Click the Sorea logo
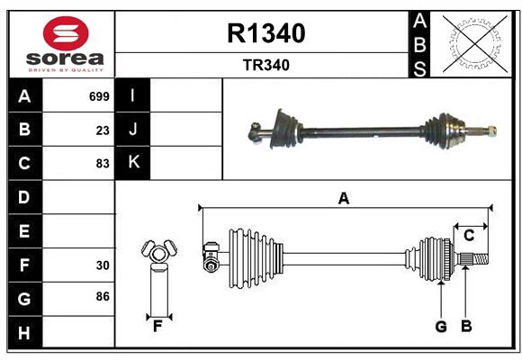tap(61, 44)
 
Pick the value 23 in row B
tap(103, 130)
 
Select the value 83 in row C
tap(103, 164)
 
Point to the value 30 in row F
tap(103, 265)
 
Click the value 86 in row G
tap(103, 296)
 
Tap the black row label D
tap(24, 197)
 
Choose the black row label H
tap(24, 333)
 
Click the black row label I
tap(133, 95)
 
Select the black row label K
tap(133, 163)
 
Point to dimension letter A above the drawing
tap(343, 199)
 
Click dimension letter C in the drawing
tap(469, 236)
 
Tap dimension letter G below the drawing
tap(441, 327)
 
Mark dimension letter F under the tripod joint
tap(157, 327)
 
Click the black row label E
tap(24, 231)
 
